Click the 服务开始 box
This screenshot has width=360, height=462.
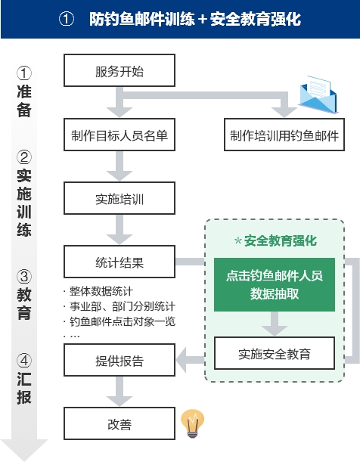click(119, 73)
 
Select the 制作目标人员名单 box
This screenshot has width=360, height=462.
click(119, 136)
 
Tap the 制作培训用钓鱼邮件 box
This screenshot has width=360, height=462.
click(284, 136)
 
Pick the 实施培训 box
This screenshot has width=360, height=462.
click(119, 200)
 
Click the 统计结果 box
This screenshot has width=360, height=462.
click(119, 263)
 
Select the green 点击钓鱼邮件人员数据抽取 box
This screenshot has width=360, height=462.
click(274, 286)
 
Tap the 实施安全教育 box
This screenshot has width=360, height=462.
click(274, 353)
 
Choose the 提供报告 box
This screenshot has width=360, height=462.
click(119, 360)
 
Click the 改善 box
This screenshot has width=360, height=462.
click(119, 425)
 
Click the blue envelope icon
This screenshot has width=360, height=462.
click(318, 95)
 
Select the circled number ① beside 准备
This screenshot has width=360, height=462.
click(24, 74)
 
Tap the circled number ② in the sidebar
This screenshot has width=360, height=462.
click(24, 158)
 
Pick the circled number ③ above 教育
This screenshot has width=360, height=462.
click(24, 276)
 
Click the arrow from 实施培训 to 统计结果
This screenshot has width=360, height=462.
click(119, 231)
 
